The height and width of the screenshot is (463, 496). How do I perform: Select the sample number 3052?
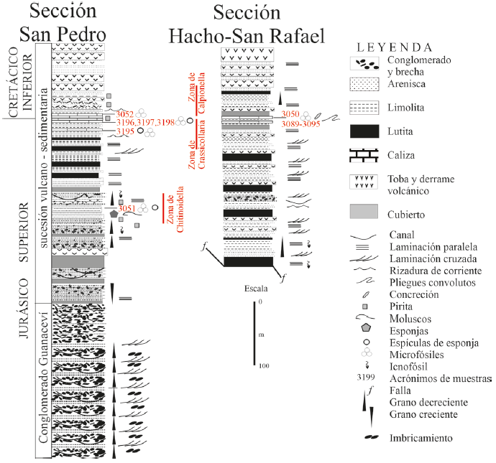pos(126,113)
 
